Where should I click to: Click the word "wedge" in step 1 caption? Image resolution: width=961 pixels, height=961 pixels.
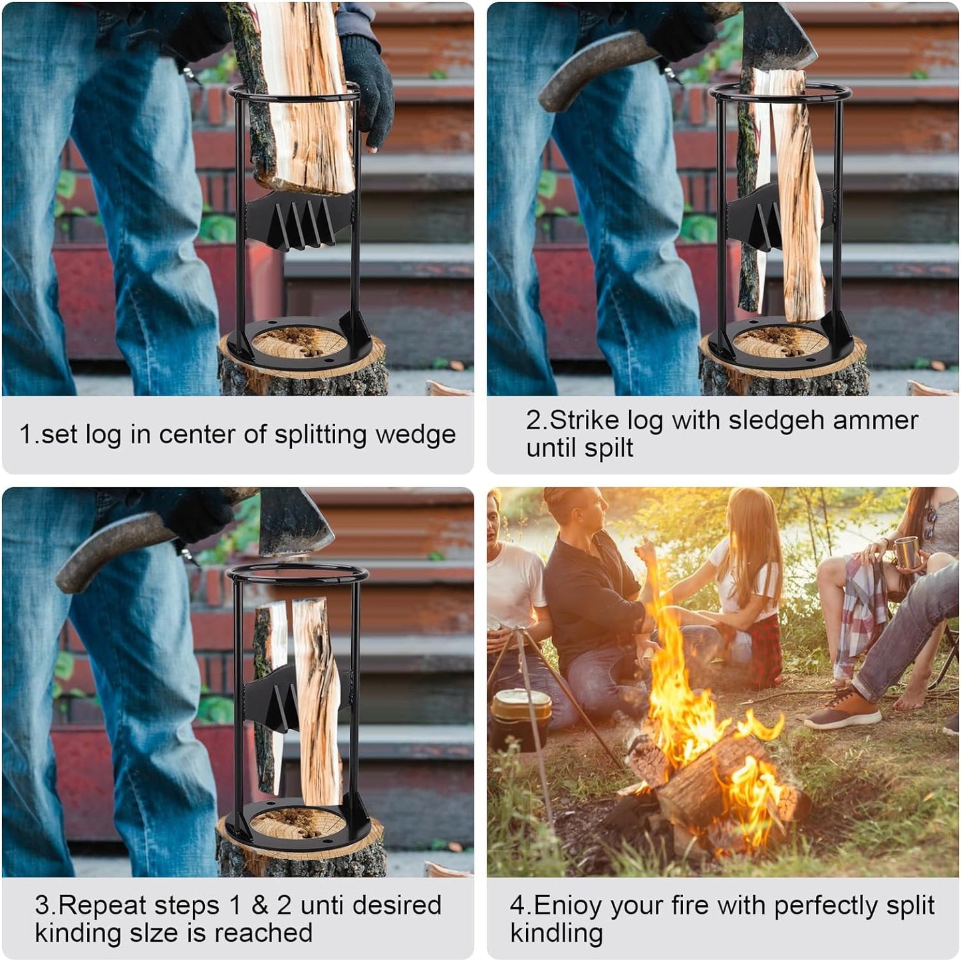click(x=416, y=435)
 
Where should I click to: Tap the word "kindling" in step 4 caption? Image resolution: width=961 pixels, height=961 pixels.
click(x=556, y=932)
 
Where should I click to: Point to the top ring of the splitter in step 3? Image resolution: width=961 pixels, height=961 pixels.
click(x=297, y=573)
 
